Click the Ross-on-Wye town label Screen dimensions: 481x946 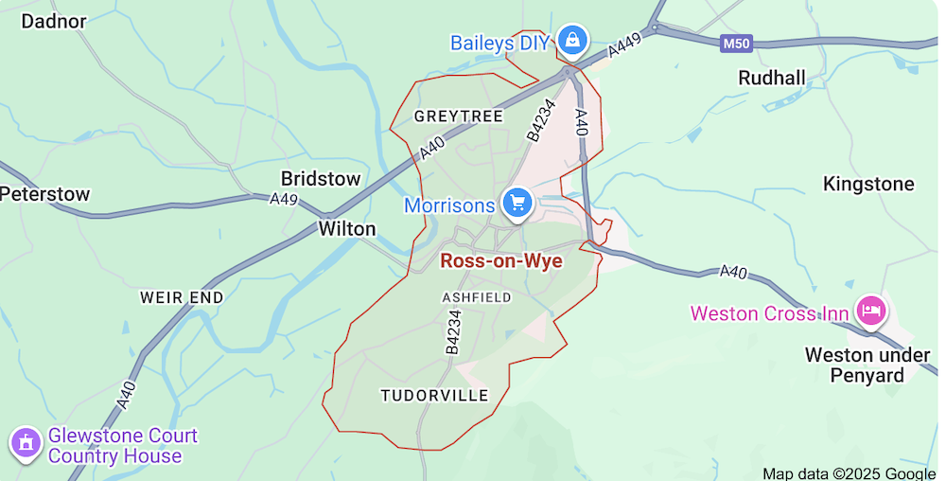[501, 261]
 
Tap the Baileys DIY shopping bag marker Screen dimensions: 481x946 [571, 41]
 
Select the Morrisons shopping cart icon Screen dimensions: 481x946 [517, 202]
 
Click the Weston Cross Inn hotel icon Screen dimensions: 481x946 [869, 310]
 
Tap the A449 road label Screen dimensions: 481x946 [625, 45]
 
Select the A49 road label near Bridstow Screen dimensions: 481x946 [284, 200]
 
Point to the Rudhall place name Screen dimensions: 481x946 [772, 78]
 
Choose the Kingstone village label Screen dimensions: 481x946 [868, 184]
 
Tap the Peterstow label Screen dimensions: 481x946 [44, 194]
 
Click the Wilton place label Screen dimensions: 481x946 [346, 228]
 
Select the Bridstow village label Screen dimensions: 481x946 [321, 178]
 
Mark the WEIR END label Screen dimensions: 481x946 [182, 297]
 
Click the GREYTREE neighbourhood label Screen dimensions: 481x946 [459, 116]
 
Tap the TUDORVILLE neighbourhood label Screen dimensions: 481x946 [434, 395]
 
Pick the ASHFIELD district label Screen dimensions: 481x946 [477, 297]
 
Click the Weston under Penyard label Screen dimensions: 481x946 [854, 365]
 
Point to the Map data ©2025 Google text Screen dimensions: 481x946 [849, 473]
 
